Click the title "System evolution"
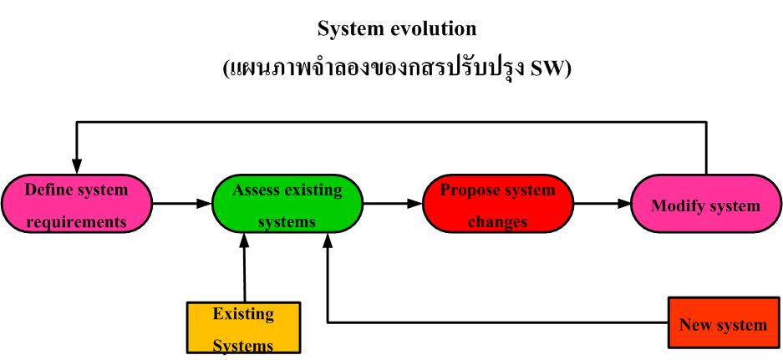(397, 28)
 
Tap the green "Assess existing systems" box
(287, 205)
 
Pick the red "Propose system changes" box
(498, 204)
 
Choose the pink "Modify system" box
(706, 204)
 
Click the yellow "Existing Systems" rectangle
(243, 328)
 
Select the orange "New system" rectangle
(724, 323)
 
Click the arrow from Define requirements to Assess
(181, 203)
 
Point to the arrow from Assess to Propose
(392, 203)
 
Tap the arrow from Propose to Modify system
(602, 203)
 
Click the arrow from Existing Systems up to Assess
(244, 267)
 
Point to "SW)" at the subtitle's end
(551, 68)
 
